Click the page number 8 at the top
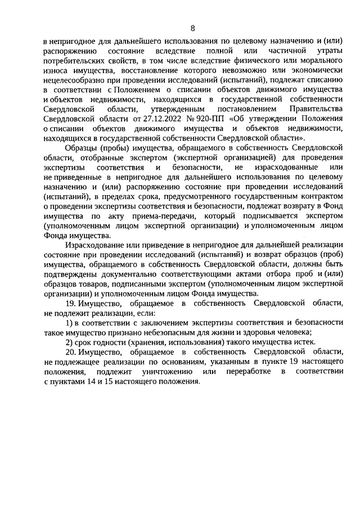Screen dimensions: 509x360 coord(192,28)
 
